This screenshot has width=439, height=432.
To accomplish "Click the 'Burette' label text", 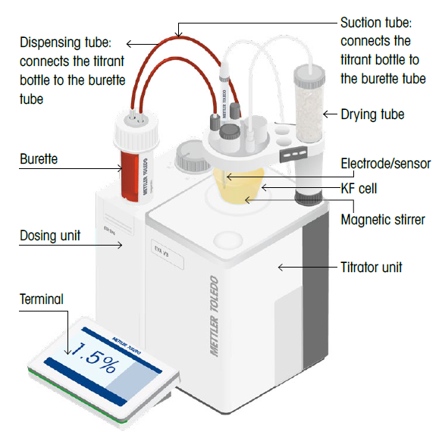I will [x=39, y=160].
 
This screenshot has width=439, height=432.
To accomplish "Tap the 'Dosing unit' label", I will [x=49, y=236].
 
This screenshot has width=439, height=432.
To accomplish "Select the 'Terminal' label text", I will [x=42, y=300].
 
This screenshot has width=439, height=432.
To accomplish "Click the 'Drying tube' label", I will [x=372, y=114].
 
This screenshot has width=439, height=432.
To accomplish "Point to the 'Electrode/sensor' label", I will [x=385, y=163].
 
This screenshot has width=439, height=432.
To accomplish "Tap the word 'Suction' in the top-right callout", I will [x=361, y=26].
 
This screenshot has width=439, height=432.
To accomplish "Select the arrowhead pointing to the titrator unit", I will [x=281, y=267].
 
